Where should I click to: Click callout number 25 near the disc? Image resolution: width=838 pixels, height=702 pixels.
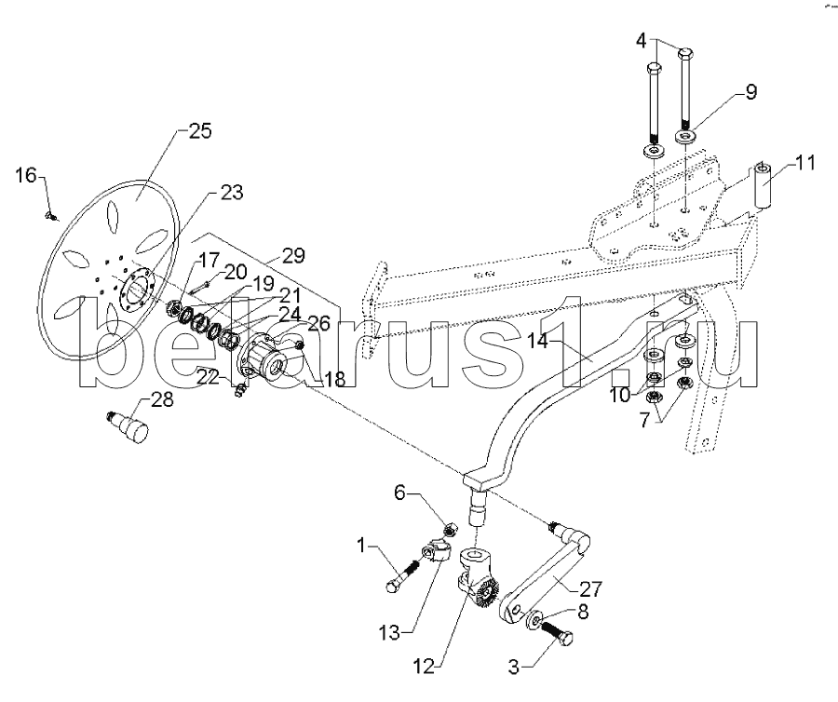coord(199,131)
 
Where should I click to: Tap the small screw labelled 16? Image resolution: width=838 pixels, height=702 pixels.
coord(52,216)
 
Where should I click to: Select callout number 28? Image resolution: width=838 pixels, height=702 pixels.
coord(162,399)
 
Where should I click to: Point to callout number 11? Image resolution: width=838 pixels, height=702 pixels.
coord(804,162)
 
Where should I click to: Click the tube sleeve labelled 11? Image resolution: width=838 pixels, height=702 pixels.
coord(763,186)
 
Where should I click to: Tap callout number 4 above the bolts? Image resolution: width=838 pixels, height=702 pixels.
coord(642,41)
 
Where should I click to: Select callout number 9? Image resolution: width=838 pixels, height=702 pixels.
coord(750,92)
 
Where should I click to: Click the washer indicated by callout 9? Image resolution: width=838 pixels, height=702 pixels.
coord(686,137)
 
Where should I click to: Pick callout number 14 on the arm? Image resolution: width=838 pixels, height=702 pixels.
coord(536,341)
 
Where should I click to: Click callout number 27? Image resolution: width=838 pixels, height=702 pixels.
coord(590,589)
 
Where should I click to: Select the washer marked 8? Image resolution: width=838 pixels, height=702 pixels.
coord(535,620)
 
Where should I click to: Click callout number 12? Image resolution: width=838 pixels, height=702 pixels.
coord(424,667)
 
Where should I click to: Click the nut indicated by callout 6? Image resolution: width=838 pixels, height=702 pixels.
coord(451,530)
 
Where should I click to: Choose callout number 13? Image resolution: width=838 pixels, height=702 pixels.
coord(389,633)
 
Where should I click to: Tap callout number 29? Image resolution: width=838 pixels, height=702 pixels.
coord(293,255)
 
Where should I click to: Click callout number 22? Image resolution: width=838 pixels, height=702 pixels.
coord(209,378)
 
